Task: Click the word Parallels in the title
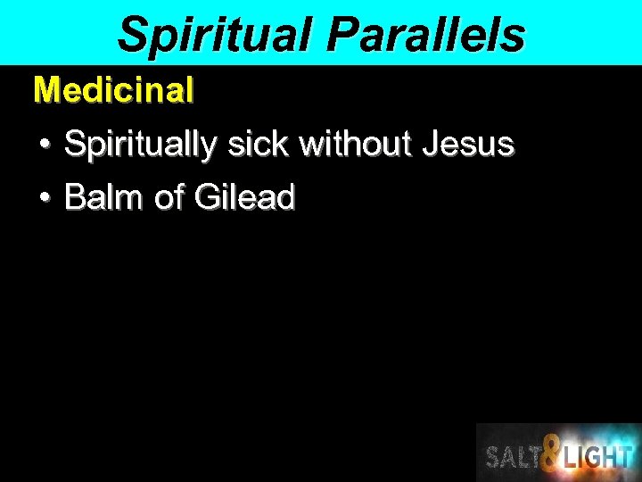tap(425, 36)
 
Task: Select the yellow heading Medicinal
tap(113, 90)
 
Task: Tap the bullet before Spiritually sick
tap(44, 144)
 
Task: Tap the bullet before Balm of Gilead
tap(44, 197)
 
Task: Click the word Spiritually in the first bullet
tap(142, 145)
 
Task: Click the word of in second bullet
tap(169, 197)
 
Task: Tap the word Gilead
tap(243, 197)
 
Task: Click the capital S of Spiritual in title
tap(132, 36)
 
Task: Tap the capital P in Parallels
tap(341, 36)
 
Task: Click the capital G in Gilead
tap(206, 197)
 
